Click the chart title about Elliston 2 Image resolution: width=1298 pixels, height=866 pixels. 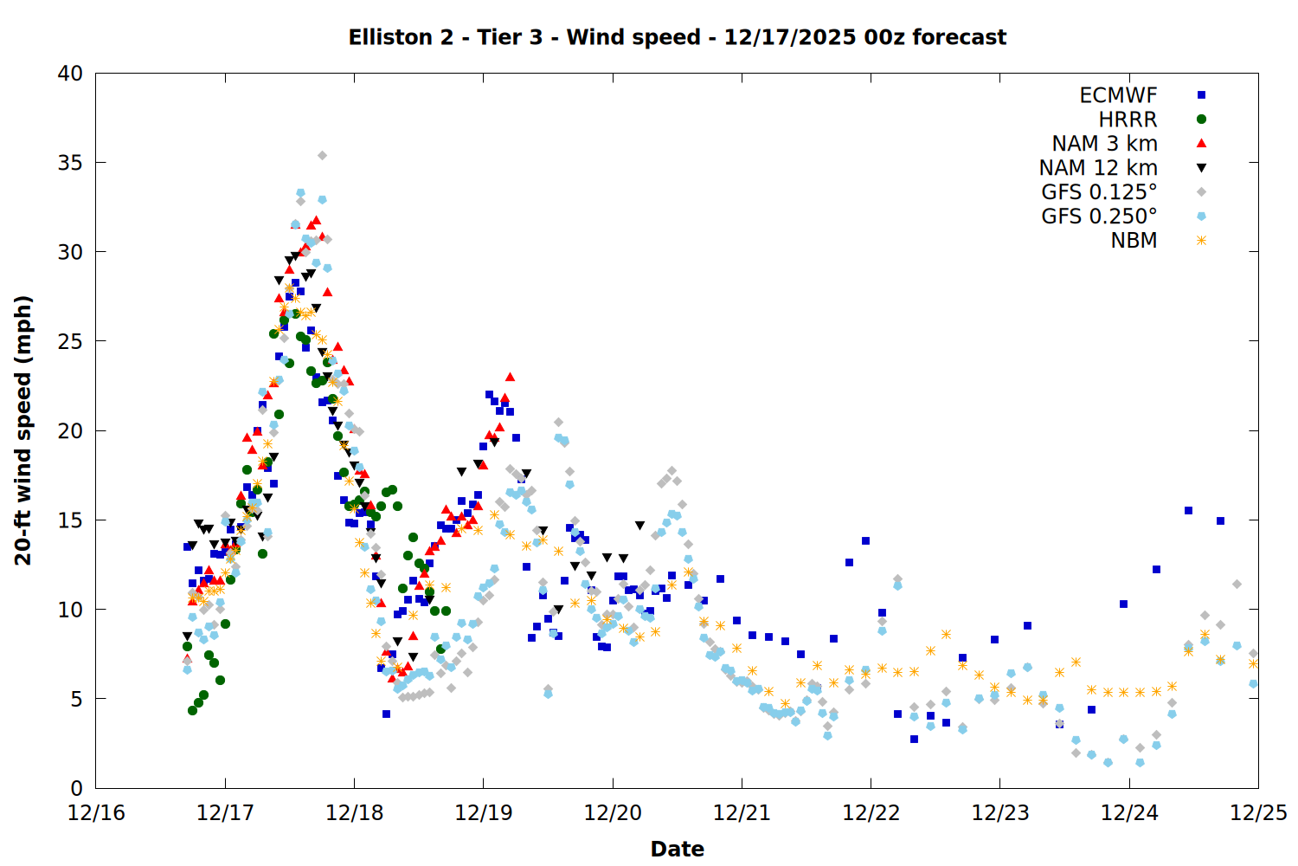(x=677, y=37)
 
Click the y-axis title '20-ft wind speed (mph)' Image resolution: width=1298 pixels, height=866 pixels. (x=23, y=430)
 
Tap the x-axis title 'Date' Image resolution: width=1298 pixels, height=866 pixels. (x=677, y=849)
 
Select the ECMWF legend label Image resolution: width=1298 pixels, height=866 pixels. (x=1118, y=95)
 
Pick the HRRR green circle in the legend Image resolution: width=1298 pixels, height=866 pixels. (x=1201, y=120)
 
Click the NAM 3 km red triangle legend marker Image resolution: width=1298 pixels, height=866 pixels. (x=1201, y=143)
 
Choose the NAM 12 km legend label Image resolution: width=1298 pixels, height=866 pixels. (x=1098, y=168)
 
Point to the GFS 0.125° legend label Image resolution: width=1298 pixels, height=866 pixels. (x=1099, y=192)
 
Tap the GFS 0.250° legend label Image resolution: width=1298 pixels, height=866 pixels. (x=1099, y=216)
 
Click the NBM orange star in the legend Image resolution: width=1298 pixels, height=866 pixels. (x=1201, y=241)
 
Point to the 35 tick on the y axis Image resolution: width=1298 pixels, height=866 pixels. (x=71, y=163)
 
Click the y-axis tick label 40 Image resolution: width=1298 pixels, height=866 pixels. (x=71, y=74)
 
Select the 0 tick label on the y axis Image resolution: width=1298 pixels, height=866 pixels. (x=76, y=788)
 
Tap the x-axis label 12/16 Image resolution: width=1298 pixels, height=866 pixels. (x=95, y=813)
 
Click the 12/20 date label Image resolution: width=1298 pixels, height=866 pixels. (x=613, y=813)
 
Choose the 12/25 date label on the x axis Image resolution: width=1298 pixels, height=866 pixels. (x=1258, y=813)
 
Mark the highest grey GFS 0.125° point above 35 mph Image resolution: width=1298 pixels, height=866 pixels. (x=322, y=156)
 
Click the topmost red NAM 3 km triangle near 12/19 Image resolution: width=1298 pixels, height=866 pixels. (x=510, y=377)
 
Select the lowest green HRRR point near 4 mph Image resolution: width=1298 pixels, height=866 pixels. (x=192, y=710)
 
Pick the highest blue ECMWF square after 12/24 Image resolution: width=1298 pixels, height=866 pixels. (x=1188, y=511)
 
